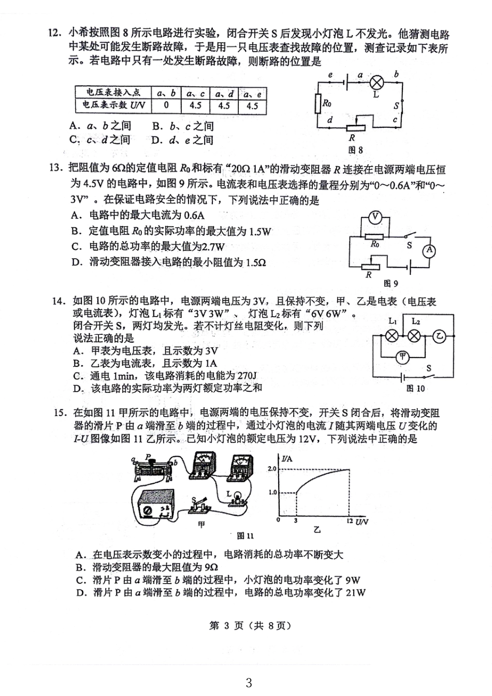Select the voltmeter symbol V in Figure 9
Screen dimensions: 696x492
click(x=375, y=217)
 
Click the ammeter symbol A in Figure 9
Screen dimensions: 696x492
click(x=429, y=251)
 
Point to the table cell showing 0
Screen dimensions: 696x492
click(x=166, y=106)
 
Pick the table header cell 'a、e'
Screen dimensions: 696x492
click(x=252, y=94)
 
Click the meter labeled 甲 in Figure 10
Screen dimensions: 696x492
click(x=402, y=357)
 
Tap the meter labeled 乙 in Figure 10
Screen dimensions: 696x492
click(x=439, y=336)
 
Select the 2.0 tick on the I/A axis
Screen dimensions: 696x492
click(x=272, y=469)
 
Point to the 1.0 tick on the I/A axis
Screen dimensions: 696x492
click(x=272, y=492)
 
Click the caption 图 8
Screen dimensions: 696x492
click(x=355, y=150)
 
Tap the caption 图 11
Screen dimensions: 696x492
click(x=245, y=536)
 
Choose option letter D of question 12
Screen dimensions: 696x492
click(x=156, y=140)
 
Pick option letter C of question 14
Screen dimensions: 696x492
click(x=78, y=376)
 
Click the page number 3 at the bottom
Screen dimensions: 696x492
click(x=248, y=683)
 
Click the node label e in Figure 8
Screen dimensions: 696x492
click(x=330, y=76)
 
